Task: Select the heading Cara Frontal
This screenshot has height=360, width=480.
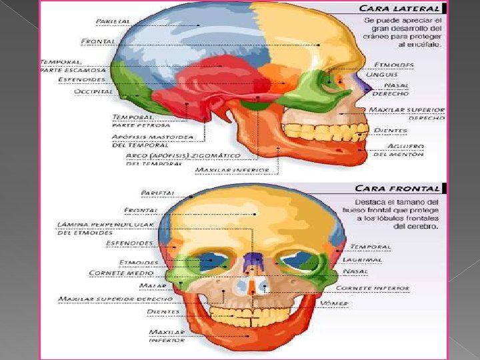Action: point(397,189)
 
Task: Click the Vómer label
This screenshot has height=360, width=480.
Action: point(334,303)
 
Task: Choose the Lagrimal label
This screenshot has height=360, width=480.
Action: point(362,259)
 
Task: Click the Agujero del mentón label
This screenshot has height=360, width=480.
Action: point(398,150)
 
